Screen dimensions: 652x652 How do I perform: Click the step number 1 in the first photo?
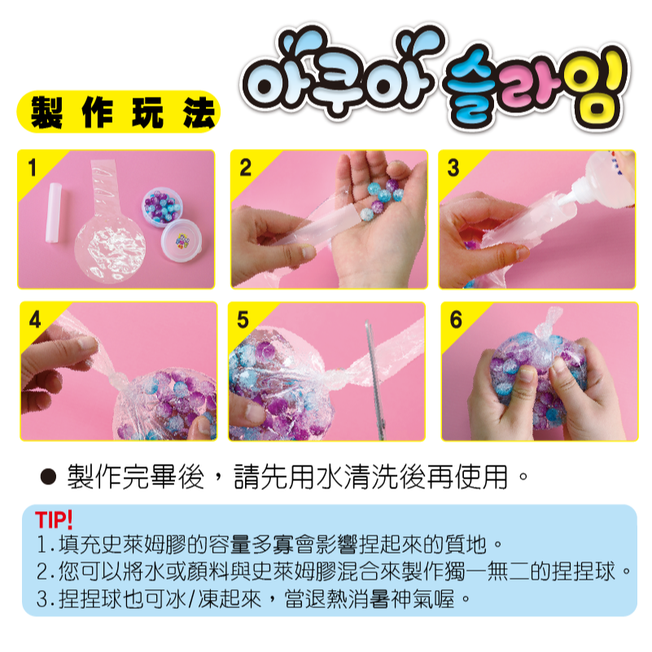point(32,168)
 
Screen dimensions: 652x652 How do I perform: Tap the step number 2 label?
point(245,168)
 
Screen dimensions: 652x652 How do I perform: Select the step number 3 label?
point(453,168)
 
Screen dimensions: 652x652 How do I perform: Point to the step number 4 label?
point(35,320)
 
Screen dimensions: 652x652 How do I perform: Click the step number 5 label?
point(243,320)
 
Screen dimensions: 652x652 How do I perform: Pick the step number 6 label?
point(456,320)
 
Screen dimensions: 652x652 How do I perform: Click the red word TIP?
point(54,520)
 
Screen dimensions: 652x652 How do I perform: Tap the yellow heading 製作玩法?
point(123,112)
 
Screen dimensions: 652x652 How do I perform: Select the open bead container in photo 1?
point(163,208)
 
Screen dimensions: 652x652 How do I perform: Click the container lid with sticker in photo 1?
point(182,240)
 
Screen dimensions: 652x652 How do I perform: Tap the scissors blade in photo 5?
point(375,379)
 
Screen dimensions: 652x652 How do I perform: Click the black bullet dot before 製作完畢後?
point(48,477)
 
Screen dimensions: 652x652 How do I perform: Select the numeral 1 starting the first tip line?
point(42,545)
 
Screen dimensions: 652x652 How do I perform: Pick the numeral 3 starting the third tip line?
point(42,599)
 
